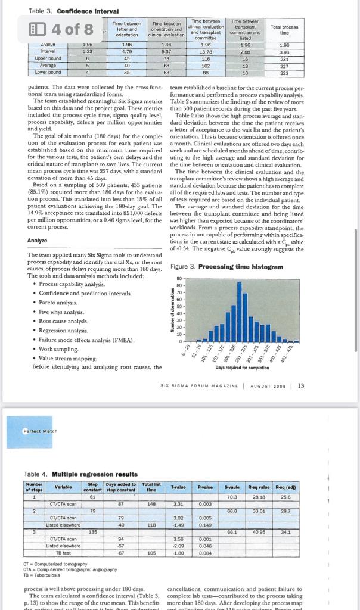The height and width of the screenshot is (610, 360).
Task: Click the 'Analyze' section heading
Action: pos(38,241)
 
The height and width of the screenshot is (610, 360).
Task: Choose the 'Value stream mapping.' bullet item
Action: pos(68,359)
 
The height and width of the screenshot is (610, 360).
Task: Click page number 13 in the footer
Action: pos(301,385)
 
